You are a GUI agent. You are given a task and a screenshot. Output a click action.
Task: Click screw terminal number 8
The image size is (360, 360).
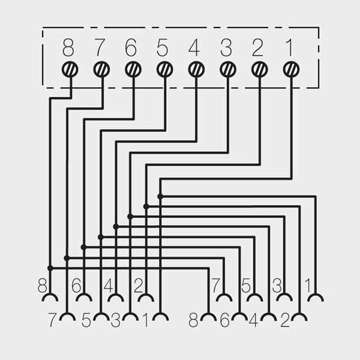click(70, 70)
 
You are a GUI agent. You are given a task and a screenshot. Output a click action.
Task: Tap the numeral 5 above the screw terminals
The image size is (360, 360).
click(163, 48)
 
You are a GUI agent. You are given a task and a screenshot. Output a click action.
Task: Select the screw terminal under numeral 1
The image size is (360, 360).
click(292, 70)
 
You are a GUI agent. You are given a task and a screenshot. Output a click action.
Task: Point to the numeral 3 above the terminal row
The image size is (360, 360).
click(226, 48)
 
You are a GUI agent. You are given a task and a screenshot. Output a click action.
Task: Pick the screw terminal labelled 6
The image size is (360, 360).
click(133, 70)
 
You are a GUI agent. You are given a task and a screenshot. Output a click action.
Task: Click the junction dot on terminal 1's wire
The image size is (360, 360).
click(160, 197)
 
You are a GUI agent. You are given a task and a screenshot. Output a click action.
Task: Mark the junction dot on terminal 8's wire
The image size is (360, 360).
click(50, 268)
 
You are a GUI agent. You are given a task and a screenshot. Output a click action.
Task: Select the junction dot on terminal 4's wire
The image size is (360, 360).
click(116, 227)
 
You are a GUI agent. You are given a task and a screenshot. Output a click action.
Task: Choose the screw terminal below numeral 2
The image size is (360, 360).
click(260, 70)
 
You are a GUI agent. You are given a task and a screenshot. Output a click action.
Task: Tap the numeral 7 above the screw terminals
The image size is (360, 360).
click(100, 48)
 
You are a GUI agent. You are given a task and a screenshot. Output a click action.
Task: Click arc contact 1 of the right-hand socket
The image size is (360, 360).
click(316, 298)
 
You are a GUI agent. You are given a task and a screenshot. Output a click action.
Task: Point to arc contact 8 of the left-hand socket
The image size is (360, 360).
click(50, 298)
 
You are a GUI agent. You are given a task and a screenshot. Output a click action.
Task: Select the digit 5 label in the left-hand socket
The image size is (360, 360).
click(86, 320)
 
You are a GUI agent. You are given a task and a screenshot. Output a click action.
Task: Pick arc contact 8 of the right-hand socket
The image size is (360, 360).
click(208, 317)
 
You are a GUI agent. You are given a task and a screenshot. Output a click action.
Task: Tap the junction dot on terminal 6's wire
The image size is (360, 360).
click(83, 247)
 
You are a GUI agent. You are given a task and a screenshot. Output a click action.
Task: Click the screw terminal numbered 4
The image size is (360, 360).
click(196, 70)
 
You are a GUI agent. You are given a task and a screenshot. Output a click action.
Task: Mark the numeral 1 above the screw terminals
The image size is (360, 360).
click(290, 48)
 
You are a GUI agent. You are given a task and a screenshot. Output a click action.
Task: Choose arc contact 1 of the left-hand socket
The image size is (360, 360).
click(160, 317)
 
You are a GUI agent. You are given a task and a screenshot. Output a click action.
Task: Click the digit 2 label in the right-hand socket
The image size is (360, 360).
click(285, 320)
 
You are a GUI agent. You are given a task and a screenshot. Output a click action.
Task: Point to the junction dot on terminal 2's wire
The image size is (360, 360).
click(146, 206)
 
